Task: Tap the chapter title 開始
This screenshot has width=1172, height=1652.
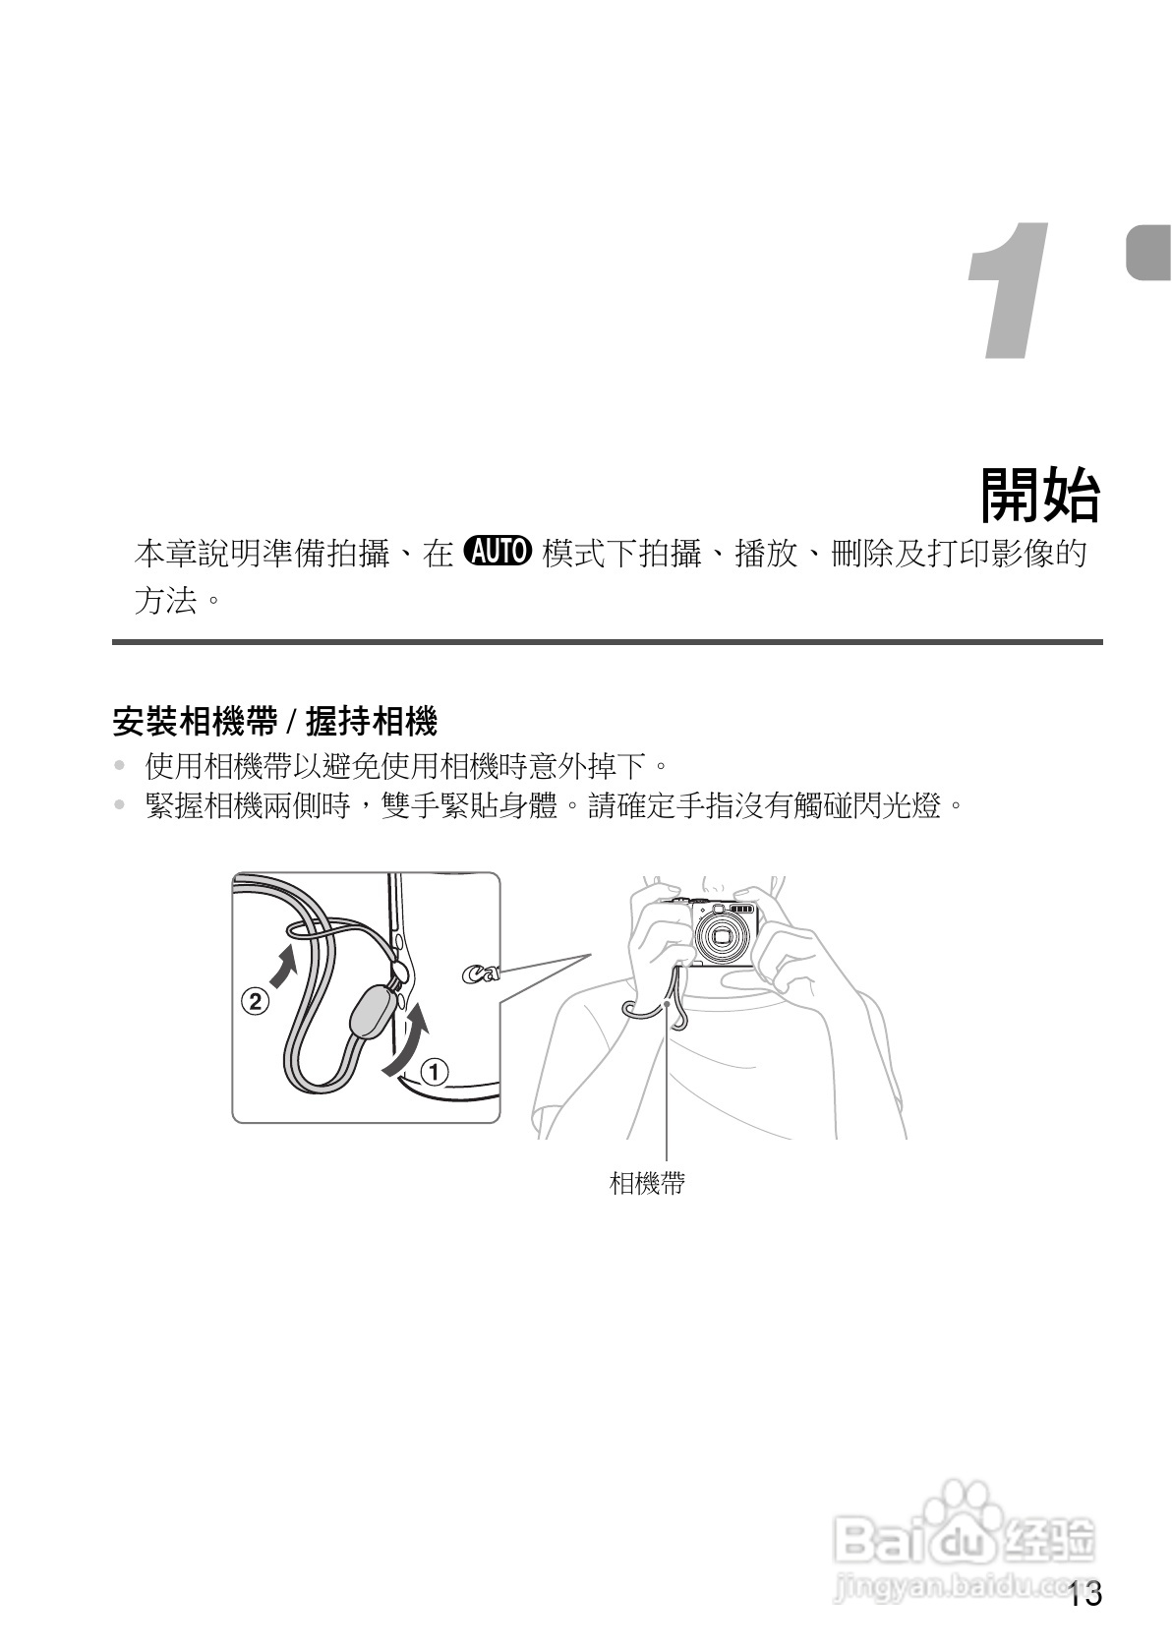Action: tap(1040, 495)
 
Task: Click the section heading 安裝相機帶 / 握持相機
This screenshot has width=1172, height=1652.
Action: tap(274, 723)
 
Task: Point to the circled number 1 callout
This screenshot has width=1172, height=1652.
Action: tap(435, 1070)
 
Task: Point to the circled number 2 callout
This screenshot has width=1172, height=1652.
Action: tap(255, 1002)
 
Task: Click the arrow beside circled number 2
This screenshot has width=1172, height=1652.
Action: tap(282, 966)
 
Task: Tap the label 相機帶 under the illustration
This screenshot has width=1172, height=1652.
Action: tap(646, 1183)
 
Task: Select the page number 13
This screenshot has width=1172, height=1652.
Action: tap(1085, 1593)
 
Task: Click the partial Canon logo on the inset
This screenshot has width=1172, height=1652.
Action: tap(480, 974)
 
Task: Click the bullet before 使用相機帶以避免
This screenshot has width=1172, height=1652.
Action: tap(120, 765)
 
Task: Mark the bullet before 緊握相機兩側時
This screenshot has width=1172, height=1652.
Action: tap(120, 807)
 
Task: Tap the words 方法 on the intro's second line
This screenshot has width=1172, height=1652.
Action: tap(164, 600)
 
